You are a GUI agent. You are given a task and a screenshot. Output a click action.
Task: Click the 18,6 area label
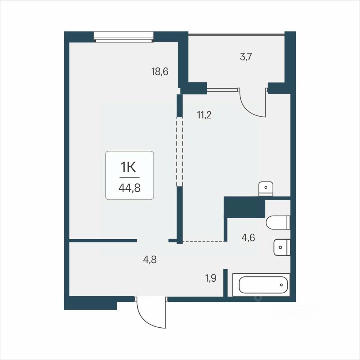coord(160,72)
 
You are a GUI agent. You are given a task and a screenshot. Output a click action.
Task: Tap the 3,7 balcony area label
coord(246,57)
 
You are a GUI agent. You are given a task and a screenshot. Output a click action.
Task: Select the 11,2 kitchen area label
coord(204,115)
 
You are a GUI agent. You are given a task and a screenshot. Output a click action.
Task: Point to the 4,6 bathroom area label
coord(248,238)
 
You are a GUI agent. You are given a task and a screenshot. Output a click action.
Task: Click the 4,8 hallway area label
coord(150,259)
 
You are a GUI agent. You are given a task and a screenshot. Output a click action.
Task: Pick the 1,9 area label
coord(211,278)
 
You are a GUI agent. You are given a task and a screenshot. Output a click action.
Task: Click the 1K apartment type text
coord(128,167)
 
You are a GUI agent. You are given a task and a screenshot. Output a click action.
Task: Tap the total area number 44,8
coord(130,188)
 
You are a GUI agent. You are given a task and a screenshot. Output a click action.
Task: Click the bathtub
coord(261,285)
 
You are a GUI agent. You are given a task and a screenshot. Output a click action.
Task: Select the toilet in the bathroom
coord(278,222)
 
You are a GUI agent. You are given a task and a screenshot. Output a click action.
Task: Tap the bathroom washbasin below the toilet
coord(282,247)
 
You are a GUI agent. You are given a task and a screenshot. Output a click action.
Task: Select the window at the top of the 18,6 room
coord(124,37)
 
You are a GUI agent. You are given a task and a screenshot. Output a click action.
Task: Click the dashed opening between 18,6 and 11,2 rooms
coord(179,152)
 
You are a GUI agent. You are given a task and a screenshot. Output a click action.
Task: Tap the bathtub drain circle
coord(282,285)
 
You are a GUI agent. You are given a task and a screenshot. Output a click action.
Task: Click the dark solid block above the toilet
coord(244,207)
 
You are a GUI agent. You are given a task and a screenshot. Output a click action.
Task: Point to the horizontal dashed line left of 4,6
coord(203,241)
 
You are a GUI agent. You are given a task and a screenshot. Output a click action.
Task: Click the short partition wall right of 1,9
coord(226,283)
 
